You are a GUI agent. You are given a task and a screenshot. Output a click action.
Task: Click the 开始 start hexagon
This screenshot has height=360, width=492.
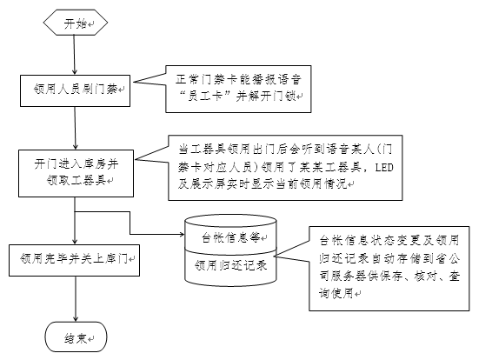76,23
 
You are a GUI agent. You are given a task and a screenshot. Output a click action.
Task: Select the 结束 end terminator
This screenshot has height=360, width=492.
76,337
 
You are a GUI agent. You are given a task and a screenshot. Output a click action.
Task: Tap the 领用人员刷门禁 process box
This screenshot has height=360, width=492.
75,90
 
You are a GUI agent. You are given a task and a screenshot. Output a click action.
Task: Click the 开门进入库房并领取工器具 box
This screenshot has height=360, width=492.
76,173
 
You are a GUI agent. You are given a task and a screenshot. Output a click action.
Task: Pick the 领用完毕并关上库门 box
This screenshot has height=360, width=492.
75,261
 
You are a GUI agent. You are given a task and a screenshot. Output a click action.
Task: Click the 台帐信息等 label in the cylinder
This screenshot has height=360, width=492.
230,237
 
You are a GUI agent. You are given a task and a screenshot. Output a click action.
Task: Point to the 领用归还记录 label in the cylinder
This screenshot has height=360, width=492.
230,265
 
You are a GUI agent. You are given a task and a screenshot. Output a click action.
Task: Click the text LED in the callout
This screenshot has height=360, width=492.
384,167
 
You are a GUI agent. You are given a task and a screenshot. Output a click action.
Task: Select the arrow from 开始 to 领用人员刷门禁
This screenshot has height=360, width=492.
75,55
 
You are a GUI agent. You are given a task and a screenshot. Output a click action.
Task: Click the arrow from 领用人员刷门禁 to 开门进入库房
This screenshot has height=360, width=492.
76,128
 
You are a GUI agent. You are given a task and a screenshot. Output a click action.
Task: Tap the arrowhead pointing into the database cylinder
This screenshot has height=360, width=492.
182,234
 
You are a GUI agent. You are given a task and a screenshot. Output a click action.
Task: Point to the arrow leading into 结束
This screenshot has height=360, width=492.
76,299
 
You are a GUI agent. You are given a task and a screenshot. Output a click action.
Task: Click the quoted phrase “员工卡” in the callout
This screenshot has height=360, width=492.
204,97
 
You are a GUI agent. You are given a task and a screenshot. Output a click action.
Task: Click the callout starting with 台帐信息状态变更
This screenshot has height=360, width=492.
389,269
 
